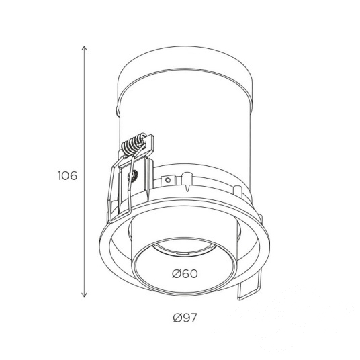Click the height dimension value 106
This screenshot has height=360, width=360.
click(67, 176)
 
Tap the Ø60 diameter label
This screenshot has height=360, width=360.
click(185, 273)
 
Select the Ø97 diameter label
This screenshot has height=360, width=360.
click(185, 318)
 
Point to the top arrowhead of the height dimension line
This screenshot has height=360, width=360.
click(85, 48)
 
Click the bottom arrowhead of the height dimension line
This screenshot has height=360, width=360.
click(85, 295)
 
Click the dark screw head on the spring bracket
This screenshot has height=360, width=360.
click(133, 176)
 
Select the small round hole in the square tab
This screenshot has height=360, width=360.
click(168, 180)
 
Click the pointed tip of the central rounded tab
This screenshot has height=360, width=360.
click(187, 191)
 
